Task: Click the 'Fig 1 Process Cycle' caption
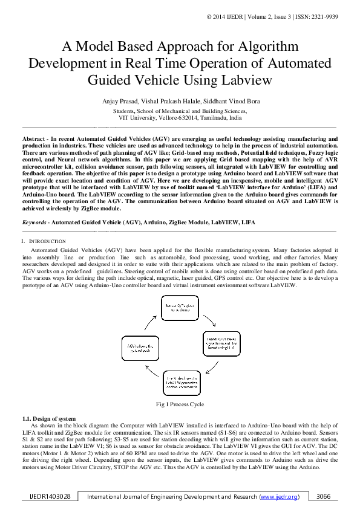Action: click(x=180, y=404)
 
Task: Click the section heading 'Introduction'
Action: click(x=48, y=241)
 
